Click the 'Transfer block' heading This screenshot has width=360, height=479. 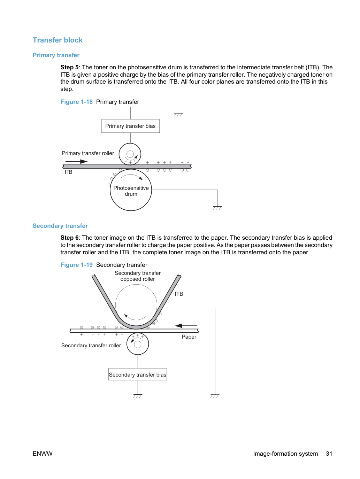pos(58,40)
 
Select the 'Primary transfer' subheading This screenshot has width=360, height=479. pos(56,55)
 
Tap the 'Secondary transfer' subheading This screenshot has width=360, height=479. pos(60,226)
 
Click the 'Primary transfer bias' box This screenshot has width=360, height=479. pos(130,126)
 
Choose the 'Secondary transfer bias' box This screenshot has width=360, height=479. pos(138,375)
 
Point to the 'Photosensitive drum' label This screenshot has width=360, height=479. pos(131,191)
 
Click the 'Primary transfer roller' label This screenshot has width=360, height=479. pos(88,153)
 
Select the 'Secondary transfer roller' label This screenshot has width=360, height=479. pos(91,346)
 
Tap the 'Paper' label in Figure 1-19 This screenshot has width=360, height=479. pos(189,337)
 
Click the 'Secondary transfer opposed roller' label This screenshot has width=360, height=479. pos(138,276)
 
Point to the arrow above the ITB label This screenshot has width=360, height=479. pos(76,162)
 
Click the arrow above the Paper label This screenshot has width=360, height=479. pos(186,326)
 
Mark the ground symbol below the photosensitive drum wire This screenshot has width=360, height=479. pos(217,208)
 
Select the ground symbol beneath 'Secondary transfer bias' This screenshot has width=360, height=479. pos(138,396)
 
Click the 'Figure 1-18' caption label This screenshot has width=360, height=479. pos(76,102)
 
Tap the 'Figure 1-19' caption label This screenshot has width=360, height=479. pos(76,265)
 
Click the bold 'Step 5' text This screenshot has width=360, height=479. pos(69,67)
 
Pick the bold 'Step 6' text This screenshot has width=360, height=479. pos(69,238)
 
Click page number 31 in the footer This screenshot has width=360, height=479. pos(329,454)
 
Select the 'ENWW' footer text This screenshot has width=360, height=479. pos(43,454)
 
